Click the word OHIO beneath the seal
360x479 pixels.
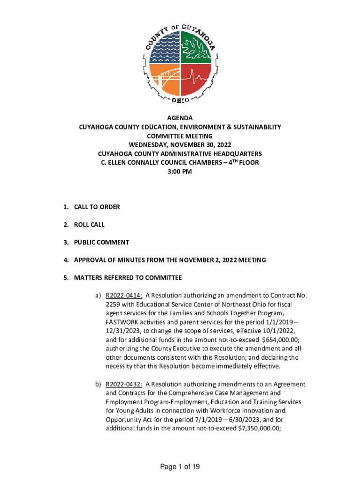(180, 100)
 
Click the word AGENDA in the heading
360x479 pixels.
(180, 118)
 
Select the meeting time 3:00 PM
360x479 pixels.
(180, 172)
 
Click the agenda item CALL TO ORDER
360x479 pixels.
(97, 207)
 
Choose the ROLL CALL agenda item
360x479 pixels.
(89, 225)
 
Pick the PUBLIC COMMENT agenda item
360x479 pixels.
(101, 242)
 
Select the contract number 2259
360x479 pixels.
(113, 305)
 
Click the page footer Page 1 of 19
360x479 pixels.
(180, 467)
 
